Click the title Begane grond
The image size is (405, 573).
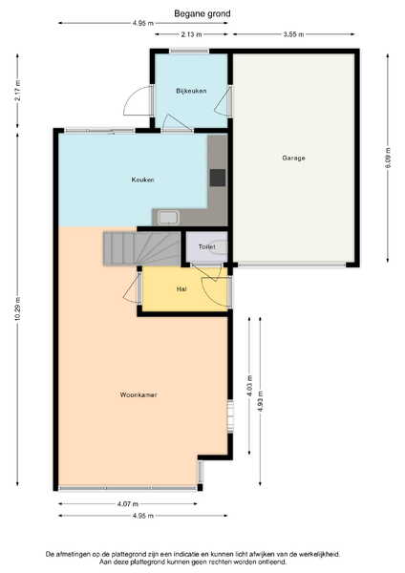(x=202, y=14)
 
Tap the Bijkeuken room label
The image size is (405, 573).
(x=191, y=91)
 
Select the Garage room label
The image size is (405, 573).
(x=293, y=158)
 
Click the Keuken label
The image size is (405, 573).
(x=142, y=180)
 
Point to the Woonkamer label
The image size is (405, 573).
(x=139, y=394)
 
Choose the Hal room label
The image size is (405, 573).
(x=181, y=289)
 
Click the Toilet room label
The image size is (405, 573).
(x=206, y=247)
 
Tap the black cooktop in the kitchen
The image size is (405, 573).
(x=218, y=178)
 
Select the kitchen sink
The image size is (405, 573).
(x=168, y=218)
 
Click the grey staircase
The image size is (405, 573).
(x=141, y=248)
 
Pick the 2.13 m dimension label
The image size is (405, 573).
(x=191, y=34)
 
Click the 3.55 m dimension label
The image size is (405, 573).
(x=293, y=34)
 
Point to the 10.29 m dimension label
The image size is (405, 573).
(x=18, y=309)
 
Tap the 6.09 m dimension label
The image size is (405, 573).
(x=388, y=158)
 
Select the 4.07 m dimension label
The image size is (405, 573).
(x=128, y=504)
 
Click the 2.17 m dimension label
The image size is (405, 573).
(x=18, y=91)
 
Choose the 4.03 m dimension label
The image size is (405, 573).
(x=249, y=386)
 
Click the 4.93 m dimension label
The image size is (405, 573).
(x=260, y=401)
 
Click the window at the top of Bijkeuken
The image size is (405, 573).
(x=189, y=52)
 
